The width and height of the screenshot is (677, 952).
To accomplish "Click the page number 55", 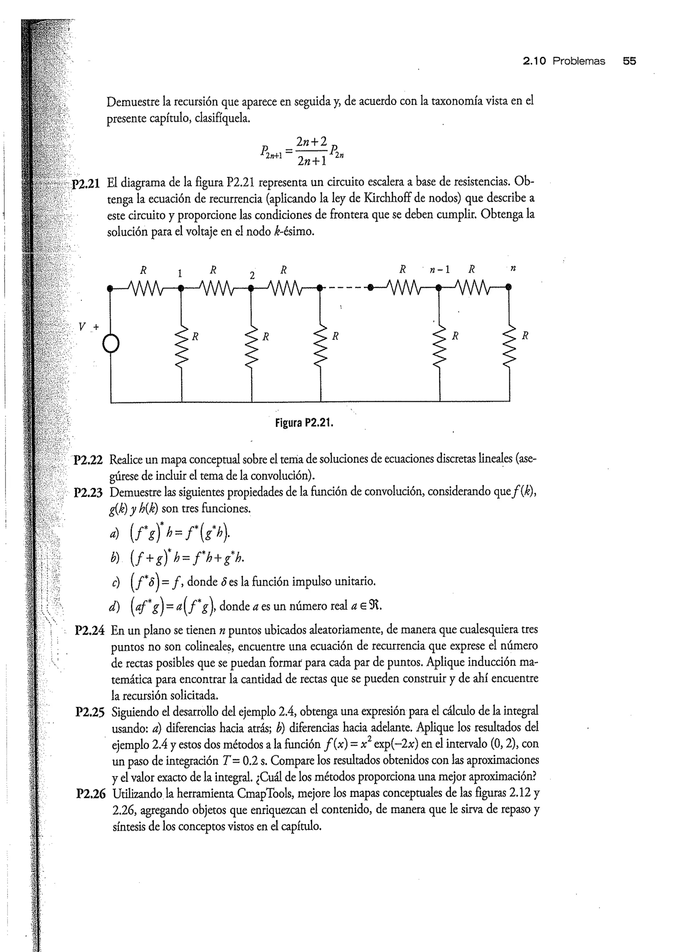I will [x=629, y=61].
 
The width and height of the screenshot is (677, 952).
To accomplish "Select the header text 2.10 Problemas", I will [x=564, y=61].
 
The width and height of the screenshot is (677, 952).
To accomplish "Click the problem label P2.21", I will [x=86, y=184].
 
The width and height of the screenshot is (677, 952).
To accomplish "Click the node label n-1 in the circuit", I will [x=440, y=270].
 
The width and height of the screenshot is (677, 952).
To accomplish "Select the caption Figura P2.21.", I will [x=304, y=423].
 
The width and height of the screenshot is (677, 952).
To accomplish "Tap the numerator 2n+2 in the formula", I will [x=311, y=141].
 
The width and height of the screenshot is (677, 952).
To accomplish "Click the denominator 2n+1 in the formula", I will [x=311, y=161].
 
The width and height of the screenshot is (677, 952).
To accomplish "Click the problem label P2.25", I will [x=90, y=712].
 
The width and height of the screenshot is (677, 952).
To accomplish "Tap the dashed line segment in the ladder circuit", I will [x=344, y=287].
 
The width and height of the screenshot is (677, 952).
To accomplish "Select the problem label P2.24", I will [x=89, y=630].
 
